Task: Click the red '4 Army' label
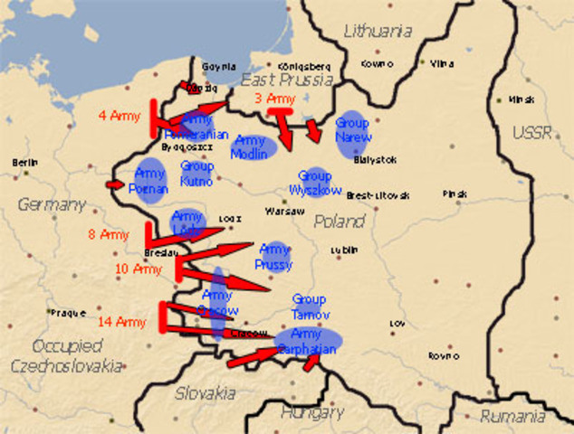119,116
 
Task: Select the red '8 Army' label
109,235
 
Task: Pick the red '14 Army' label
122,322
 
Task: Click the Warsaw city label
280,212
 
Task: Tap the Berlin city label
26,163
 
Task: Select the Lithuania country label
378,32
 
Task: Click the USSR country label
531,133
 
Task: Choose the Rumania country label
513,417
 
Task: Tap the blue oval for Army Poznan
150,179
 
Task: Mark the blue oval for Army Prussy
274,255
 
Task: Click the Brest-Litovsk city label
378,195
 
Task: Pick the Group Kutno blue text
196,175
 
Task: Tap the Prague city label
68,313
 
